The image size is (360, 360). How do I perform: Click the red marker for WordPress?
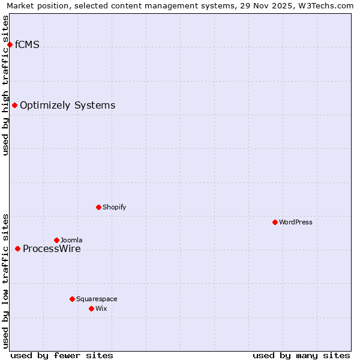(275, 222)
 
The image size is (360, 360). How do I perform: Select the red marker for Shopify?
(98, 207)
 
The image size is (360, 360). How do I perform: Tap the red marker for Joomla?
(56, 240)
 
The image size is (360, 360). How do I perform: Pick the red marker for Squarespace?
(72, 299)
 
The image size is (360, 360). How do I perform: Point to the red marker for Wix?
(91, 308)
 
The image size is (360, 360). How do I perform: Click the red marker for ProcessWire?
(17, 248)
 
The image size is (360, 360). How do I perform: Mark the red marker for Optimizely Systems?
(14, 105)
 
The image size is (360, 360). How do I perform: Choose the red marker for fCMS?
(10, 44)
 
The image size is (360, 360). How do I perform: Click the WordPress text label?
(296, 222)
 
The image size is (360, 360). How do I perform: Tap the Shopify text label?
(115, 207)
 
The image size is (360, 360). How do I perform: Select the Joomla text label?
(71, 240)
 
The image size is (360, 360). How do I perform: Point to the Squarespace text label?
(97, 299)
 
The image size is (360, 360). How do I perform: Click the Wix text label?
(101, 308)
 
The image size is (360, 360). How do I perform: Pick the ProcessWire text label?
(52, 249)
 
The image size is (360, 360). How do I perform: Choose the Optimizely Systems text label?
(68, 106)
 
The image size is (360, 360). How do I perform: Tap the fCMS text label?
(28, 44)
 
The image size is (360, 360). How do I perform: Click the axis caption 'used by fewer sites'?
(62, 355)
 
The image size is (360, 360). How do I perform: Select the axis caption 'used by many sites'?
(301, 355)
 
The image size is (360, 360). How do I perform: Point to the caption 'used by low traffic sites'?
(6, 281)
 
